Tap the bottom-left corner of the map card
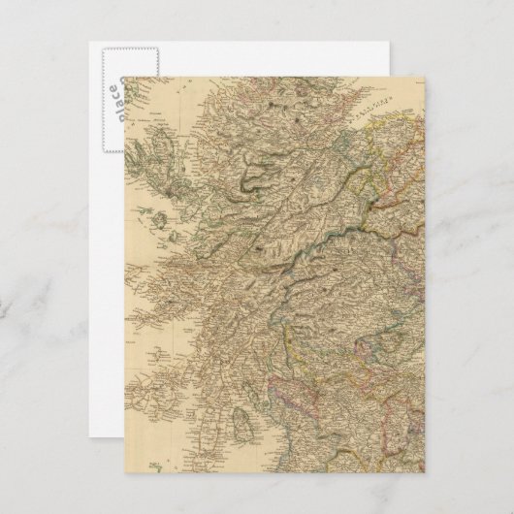[x=124, y=472]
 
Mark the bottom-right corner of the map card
[x=424, y=472]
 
